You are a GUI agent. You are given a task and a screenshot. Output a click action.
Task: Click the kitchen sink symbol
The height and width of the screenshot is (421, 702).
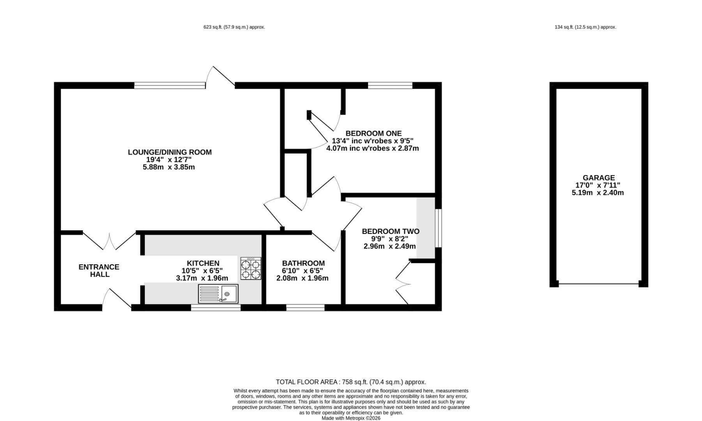pos(218,294)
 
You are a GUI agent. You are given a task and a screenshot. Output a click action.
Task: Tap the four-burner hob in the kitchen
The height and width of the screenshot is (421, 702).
pos(251,268)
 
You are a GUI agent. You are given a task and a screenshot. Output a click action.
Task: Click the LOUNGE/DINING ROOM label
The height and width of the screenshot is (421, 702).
pos(170,152)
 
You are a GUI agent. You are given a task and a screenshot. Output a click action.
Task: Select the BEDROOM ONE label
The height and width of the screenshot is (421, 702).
pos(373,133)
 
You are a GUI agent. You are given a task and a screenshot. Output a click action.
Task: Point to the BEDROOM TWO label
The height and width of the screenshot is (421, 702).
pos(391,231)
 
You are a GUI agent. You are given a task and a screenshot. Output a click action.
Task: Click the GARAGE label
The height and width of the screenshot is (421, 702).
pos(599,178)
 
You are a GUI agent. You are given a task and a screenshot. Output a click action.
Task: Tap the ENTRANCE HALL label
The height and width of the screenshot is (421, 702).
pos(99,271)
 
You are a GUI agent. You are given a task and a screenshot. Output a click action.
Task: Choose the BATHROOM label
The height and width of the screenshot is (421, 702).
pos(303,263)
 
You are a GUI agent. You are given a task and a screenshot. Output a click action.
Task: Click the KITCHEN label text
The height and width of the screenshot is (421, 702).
pos(203,263)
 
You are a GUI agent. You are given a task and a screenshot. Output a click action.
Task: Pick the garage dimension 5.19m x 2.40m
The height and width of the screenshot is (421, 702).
pos(598,193)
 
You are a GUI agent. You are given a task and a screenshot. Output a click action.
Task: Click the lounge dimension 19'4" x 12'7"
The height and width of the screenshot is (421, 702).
pos(169,159)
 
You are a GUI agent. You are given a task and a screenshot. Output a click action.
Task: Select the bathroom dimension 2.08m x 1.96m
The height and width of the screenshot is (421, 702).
pos(302,278)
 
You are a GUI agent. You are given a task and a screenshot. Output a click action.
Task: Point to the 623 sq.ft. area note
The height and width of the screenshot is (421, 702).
pos(234,27)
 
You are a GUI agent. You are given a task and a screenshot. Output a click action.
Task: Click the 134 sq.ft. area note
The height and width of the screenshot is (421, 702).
pos(585,27)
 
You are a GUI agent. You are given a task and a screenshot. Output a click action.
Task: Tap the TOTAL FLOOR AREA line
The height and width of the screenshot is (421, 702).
pos(351,382)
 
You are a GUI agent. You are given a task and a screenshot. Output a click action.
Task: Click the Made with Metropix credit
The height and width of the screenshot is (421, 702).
pos(351,418)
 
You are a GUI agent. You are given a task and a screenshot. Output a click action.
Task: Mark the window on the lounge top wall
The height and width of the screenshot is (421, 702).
pos(170,85)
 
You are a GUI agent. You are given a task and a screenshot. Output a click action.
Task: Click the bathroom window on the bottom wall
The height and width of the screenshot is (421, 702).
pos(305,308)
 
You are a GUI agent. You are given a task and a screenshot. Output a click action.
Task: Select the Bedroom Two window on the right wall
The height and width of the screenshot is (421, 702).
pos(439,228)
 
